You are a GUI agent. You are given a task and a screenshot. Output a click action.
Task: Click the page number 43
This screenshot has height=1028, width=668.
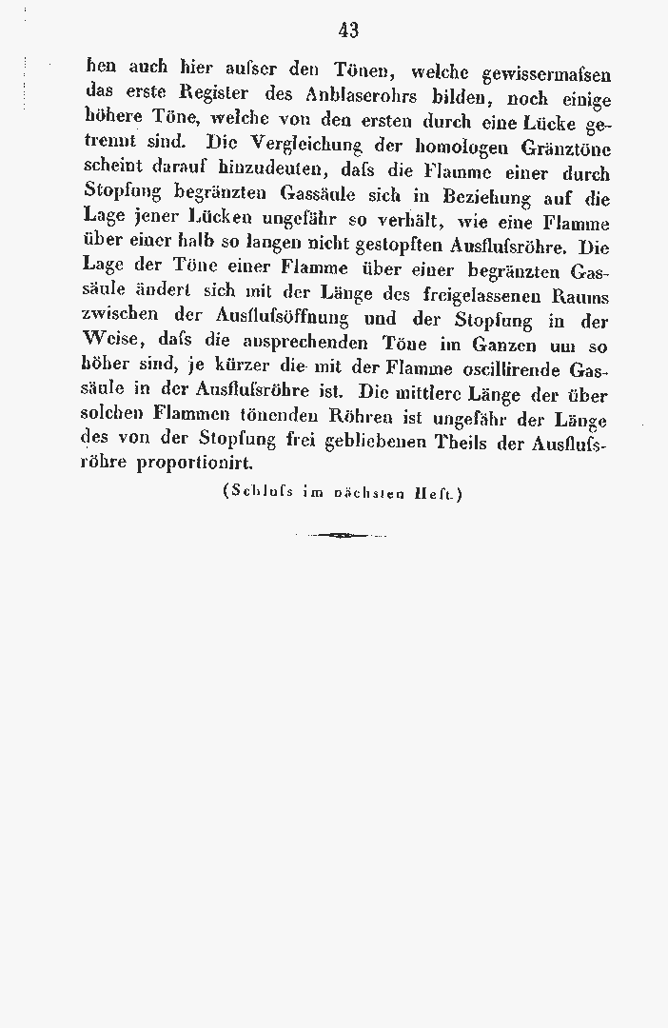(x=348, y=30)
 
